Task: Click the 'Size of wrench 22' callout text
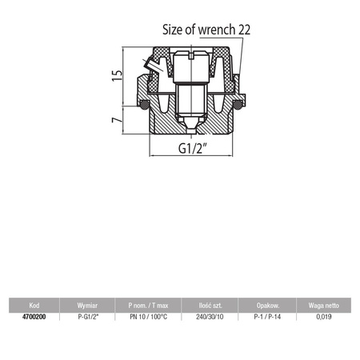[x=206, y=30]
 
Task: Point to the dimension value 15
[x=117, y=75]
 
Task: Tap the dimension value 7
[x=117, y=120]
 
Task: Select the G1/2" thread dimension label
[x=193, y=148]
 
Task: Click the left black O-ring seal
[x=145, y=105]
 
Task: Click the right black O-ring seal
[x=238, y=105]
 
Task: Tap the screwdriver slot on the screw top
[x=190, y=56]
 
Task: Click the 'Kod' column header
[x=34, y=306]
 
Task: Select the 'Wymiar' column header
[x=87, y=306]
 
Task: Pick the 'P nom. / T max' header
[x=148, y=306]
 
